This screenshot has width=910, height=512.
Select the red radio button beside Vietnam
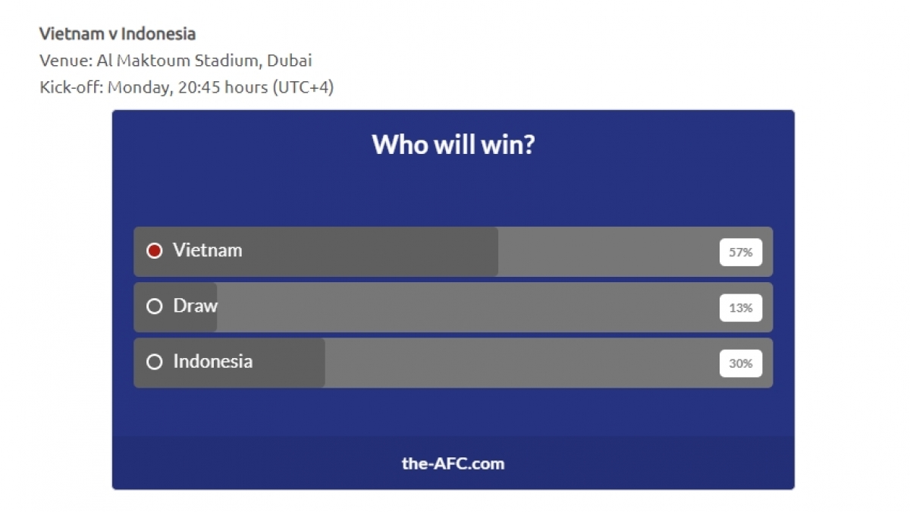pyautogui.click(x=155, y=251)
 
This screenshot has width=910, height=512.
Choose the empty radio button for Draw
pyautogui.click(x=155, y=306)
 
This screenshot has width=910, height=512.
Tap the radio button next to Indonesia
pyautogui.click(x=155, y=362)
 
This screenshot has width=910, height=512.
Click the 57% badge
pyautogui.click(x=741, y=253)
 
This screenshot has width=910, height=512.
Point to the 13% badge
pyautogui.click(x=741, y=308)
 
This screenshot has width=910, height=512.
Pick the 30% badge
pyautogui.click(x=741, y=363)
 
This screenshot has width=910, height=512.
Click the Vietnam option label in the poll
pyautogui.click(x=207, y=250)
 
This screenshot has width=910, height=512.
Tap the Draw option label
pyautogui.click(x=196, y=306)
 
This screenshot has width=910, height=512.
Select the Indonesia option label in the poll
pyautogui.click(x=213, y=361)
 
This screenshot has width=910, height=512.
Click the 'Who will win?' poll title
pyautogui.click(x=453, y=145)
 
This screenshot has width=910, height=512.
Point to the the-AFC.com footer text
pyautogui.click(x=453, y=463)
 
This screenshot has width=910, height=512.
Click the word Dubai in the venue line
pyautogui.click(x=289, y=61)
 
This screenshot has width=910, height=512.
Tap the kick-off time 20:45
pyautogui.click(x=199, y=87)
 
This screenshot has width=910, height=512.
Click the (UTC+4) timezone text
pyautogui.click(x=303, y=87)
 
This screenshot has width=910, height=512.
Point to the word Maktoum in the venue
pyautogui.click(x=153, y=61)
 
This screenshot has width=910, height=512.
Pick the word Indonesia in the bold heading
pyautogui.click(x=158, y=33)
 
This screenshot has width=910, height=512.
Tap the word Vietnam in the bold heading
pyautogui.click(x=71, y=33)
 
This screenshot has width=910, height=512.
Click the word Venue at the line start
pyautogui.click(x=66, y=61)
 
